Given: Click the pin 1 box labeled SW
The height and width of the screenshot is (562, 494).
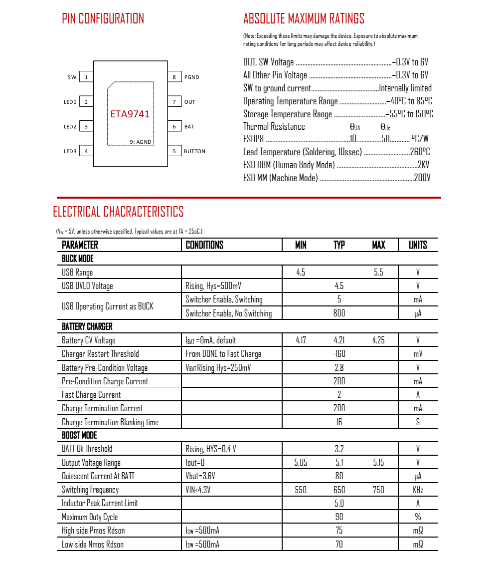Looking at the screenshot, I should pos(86,77).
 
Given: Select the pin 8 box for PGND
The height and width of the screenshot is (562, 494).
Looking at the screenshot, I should pos(174,77).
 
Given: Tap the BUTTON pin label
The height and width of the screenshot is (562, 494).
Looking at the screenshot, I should pos(194,151).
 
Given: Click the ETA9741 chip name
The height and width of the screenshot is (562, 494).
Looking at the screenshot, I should pos(130,114).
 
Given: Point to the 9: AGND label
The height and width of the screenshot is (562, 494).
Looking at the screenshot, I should pos(140,142).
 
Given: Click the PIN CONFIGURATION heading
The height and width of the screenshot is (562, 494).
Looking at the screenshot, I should pos(103,19).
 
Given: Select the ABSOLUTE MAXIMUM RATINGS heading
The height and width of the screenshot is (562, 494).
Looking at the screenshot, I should pos(304,19).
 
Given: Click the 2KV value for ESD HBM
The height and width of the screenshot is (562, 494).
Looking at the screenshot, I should pos(423,165).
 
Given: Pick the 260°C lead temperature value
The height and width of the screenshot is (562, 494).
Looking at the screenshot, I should pos(420,152).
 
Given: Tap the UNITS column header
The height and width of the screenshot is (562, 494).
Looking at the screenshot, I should pos(418,245).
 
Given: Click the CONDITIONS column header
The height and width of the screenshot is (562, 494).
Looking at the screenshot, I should pos(204,245).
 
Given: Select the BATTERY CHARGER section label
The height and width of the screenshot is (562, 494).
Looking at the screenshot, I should pos(87,326).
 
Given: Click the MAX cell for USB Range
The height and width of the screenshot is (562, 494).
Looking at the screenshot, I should pos(378,273).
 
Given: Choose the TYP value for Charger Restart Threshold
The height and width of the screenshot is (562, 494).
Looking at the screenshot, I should pos(339,354).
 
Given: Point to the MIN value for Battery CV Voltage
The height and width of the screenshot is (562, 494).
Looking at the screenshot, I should pos(301,340).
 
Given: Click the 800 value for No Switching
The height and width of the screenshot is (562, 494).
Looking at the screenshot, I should pos(339,313).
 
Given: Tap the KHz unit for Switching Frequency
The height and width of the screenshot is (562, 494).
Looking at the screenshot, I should pos(418,490).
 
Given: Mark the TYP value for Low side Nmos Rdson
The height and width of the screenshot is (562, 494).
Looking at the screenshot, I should pos(339,544).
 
